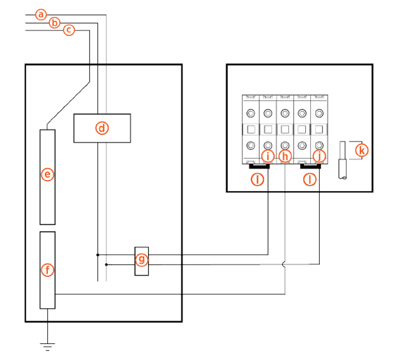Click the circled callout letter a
coord(41,15)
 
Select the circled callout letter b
coord(55,23)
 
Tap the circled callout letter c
coord(69,30)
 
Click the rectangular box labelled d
coord(102,128)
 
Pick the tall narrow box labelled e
coord(47,177)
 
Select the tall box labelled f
coord(47,270)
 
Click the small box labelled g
coord(142,260)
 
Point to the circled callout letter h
coord(285,156)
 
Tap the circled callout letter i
coord(268,156)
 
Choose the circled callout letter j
coord(319,156)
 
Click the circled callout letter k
coord(362,150)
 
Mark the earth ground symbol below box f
coord(48,345)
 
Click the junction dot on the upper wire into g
coord(97,254)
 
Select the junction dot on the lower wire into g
coord(106,264)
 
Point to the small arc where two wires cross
coord(285,264)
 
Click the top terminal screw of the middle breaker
coord(285,113)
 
